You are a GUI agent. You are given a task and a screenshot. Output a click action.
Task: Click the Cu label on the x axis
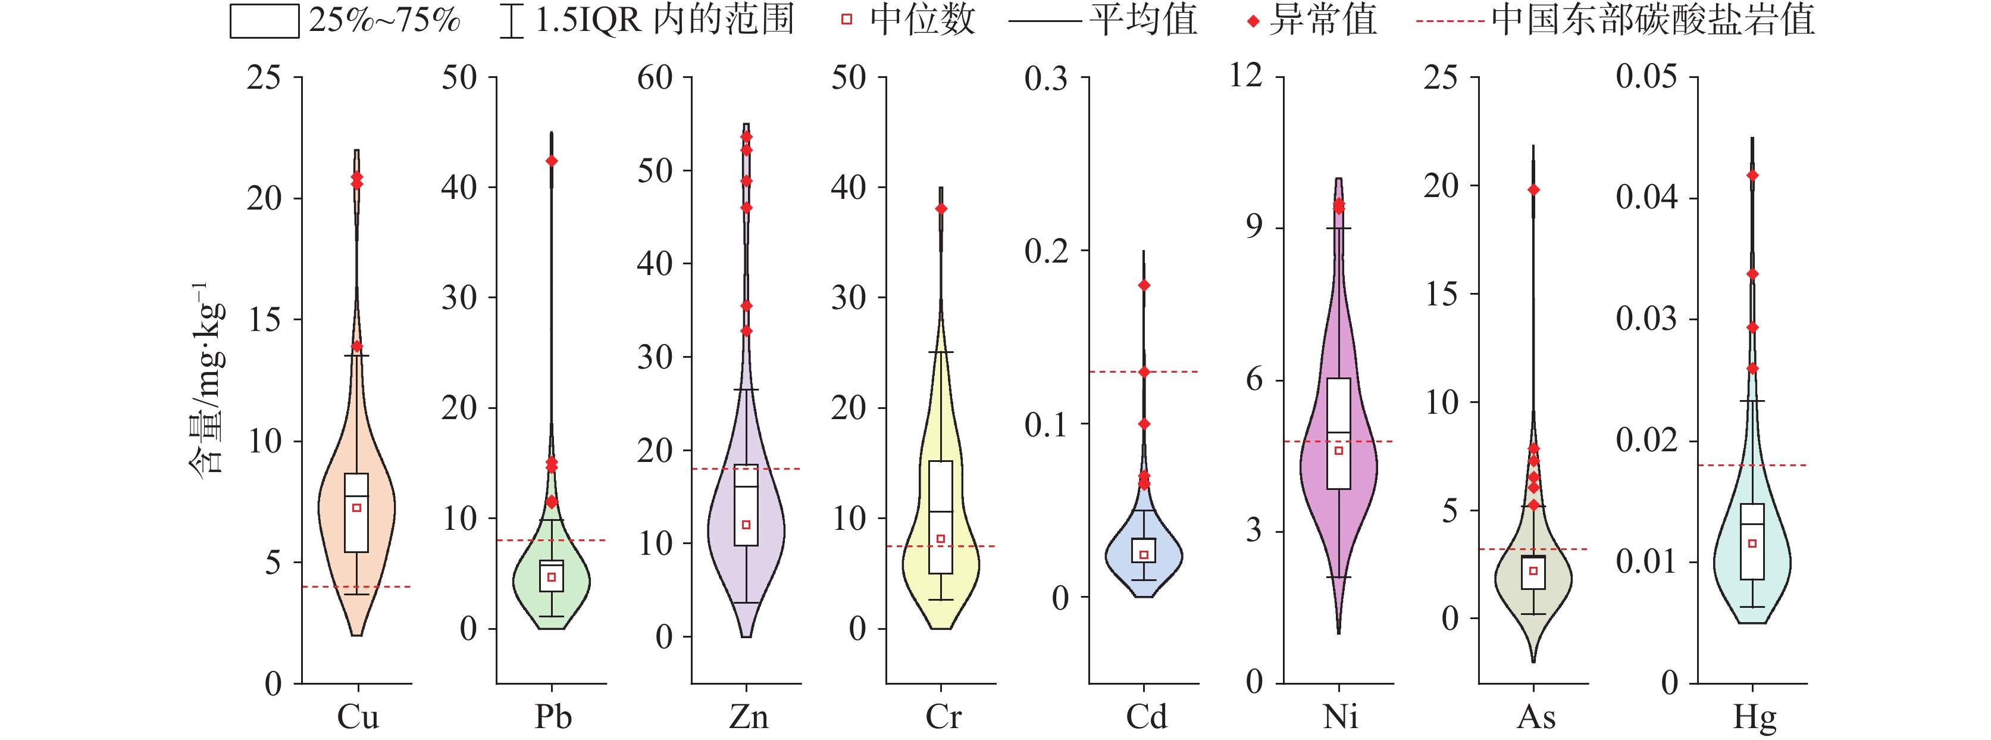coord(358,717)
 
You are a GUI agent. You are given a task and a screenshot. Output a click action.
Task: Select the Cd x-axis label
coord(1145,717)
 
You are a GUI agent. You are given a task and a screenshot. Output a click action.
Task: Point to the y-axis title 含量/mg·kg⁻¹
coord(207,378)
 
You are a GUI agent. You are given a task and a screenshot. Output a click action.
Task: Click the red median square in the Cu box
coord(357,508)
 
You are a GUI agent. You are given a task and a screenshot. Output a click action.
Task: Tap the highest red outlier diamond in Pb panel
coord(552,161)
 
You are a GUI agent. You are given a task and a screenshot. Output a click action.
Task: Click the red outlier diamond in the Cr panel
coord(941,209)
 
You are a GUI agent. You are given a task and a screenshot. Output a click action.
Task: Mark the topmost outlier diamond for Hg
coord(1752,176)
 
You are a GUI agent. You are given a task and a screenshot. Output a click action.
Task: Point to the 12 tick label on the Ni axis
coord(1245,76)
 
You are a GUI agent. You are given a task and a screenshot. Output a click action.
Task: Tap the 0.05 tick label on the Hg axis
coord(1646,77)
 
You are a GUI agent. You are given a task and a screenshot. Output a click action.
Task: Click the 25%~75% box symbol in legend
coord(264,21)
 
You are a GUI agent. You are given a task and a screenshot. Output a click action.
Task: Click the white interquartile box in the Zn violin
coord(746,505)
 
